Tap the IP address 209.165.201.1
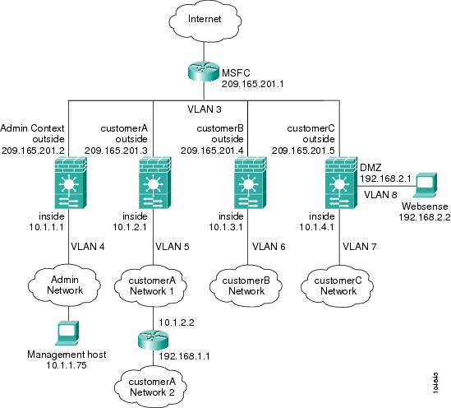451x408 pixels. coord(252,84)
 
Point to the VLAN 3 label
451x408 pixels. coord(205,109)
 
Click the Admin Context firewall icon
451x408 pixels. coord(71,183)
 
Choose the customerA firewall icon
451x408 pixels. coord(155,183)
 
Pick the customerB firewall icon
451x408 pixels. coord(251,183)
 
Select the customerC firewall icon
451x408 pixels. coord(342,183)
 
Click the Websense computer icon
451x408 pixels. coord(426,184)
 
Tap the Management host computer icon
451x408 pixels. coord(67,332)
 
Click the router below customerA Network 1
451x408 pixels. coord(153,340)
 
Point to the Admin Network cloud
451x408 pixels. coord(65,285)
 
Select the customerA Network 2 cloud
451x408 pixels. coord(151,387)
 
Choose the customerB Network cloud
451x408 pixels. coord(246,285)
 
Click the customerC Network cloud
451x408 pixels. coord(338,285)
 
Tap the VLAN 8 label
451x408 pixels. coord(380,195)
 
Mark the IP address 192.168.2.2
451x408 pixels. coord(425,217)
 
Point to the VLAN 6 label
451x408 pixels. coord(269,247)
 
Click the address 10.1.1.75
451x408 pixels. coord(67,365)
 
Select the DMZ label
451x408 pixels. coord(370,168)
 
